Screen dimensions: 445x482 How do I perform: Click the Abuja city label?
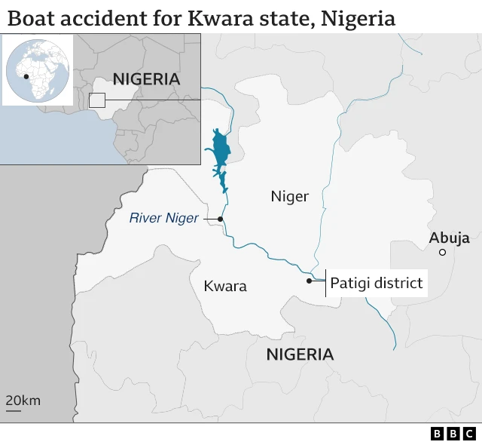click(450, 238)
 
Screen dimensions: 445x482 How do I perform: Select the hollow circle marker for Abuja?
click(443, 253)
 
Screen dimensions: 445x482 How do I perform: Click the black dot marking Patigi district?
click(309, 281)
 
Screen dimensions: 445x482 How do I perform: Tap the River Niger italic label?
click(163, 219)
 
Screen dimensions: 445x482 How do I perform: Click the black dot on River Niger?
click(221, 219)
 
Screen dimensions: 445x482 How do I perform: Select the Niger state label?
click(290, 197)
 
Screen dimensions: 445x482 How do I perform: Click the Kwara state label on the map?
click(225, 287)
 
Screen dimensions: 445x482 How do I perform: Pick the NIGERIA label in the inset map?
click(146, 79)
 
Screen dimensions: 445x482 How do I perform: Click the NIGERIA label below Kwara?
click(300, 354)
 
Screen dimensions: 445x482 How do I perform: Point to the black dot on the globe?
click(26, 76)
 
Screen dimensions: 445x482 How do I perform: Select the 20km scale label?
click(23, 400)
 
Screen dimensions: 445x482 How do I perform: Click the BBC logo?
click(453, 434)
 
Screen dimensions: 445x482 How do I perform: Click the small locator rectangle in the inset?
click(96, 100)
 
